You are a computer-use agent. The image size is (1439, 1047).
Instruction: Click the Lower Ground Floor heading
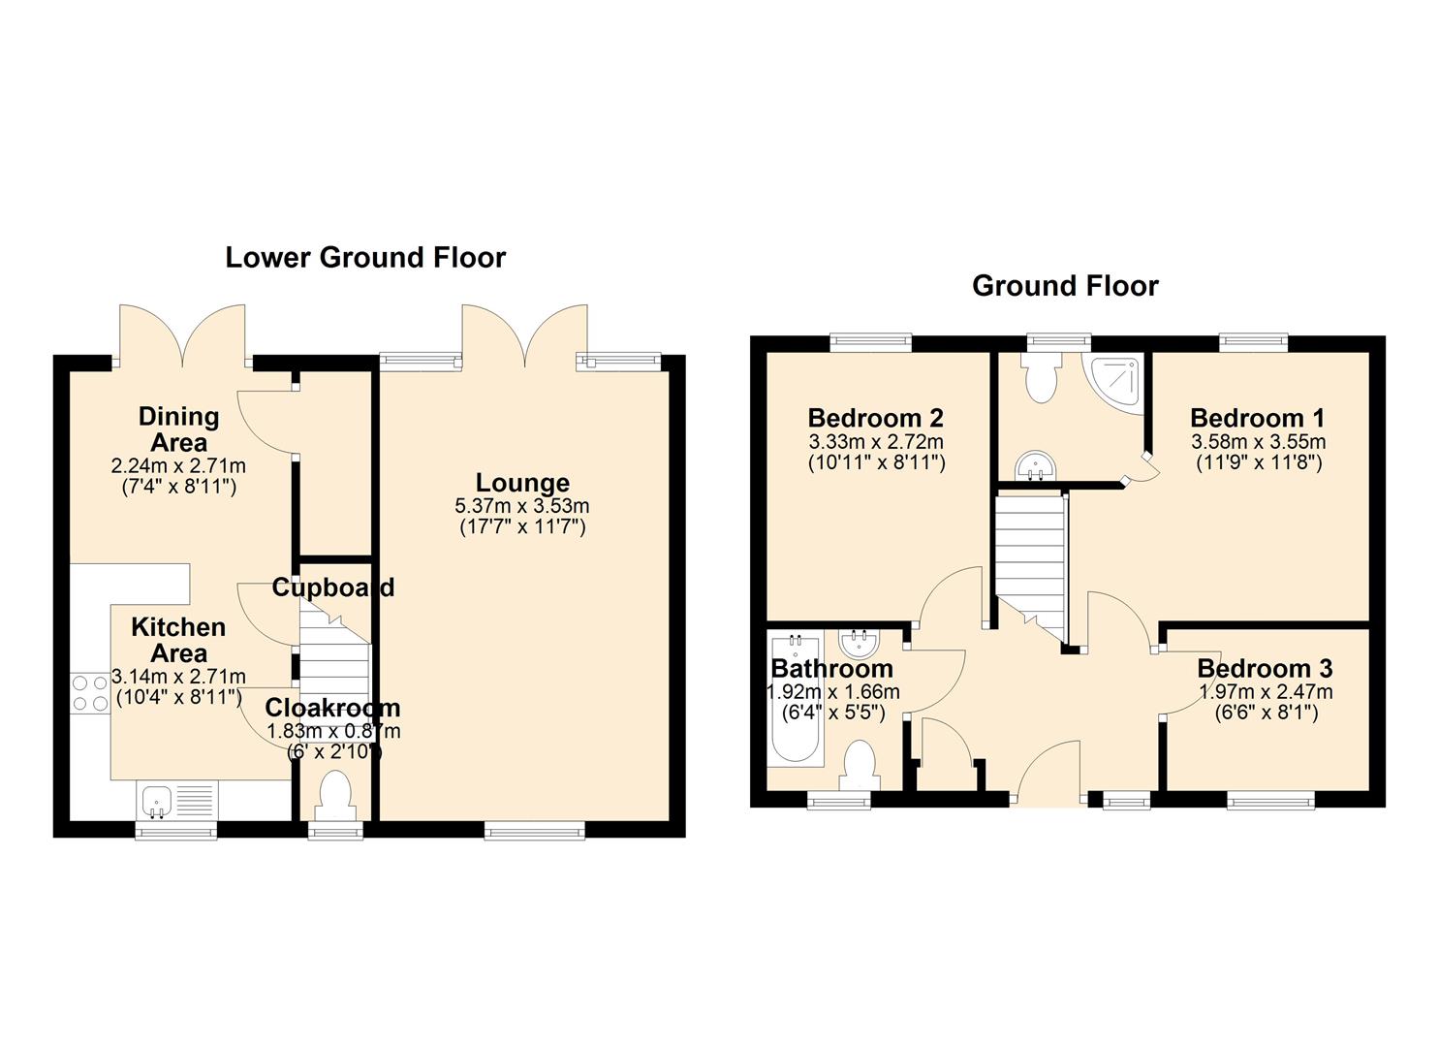tap(365, 258)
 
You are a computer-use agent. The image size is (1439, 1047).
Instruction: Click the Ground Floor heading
tap(1065, 286)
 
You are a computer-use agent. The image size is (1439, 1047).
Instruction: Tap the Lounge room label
tap(522, 483)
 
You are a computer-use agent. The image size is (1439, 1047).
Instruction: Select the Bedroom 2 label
tap(876, 418)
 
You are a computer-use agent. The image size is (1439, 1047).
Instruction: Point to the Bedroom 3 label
tap(1265, 669)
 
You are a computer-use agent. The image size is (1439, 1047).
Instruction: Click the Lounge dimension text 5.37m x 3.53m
tap(522, 506)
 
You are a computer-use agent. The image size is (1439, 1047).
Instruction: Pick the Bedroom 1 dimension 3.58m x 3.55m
tap(1259, 441)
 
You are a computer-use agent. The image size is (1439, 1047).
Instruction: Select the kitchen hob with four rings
tap(90, 693)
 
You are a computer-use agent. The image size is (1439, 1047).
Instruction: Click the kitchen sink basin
tap(155, 801)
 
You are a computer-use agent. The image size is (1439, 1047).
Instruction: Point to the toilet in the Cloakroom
tap(336, 796)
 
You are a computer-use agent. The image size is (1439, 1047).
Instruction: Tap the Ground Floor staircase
tap(1030, 569)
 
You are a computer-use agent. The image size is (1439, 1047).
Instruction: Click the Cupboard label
tap(332, 587)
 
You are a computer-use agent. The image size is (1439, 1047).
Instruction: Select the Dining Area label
tap(178, 429)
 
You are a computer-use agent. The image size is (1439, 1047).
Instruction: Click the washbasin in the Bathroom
tap(860, 643)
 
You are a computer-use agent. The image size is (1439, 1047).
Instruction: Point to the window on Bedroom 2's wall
tap(870, 342)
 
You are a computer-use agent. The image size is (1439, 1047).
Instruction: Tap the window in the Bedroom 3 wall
tap(1271, 800)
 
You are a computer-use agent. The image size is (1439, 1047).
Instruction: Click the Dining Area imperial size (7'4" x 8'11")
tap(179, 487)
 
